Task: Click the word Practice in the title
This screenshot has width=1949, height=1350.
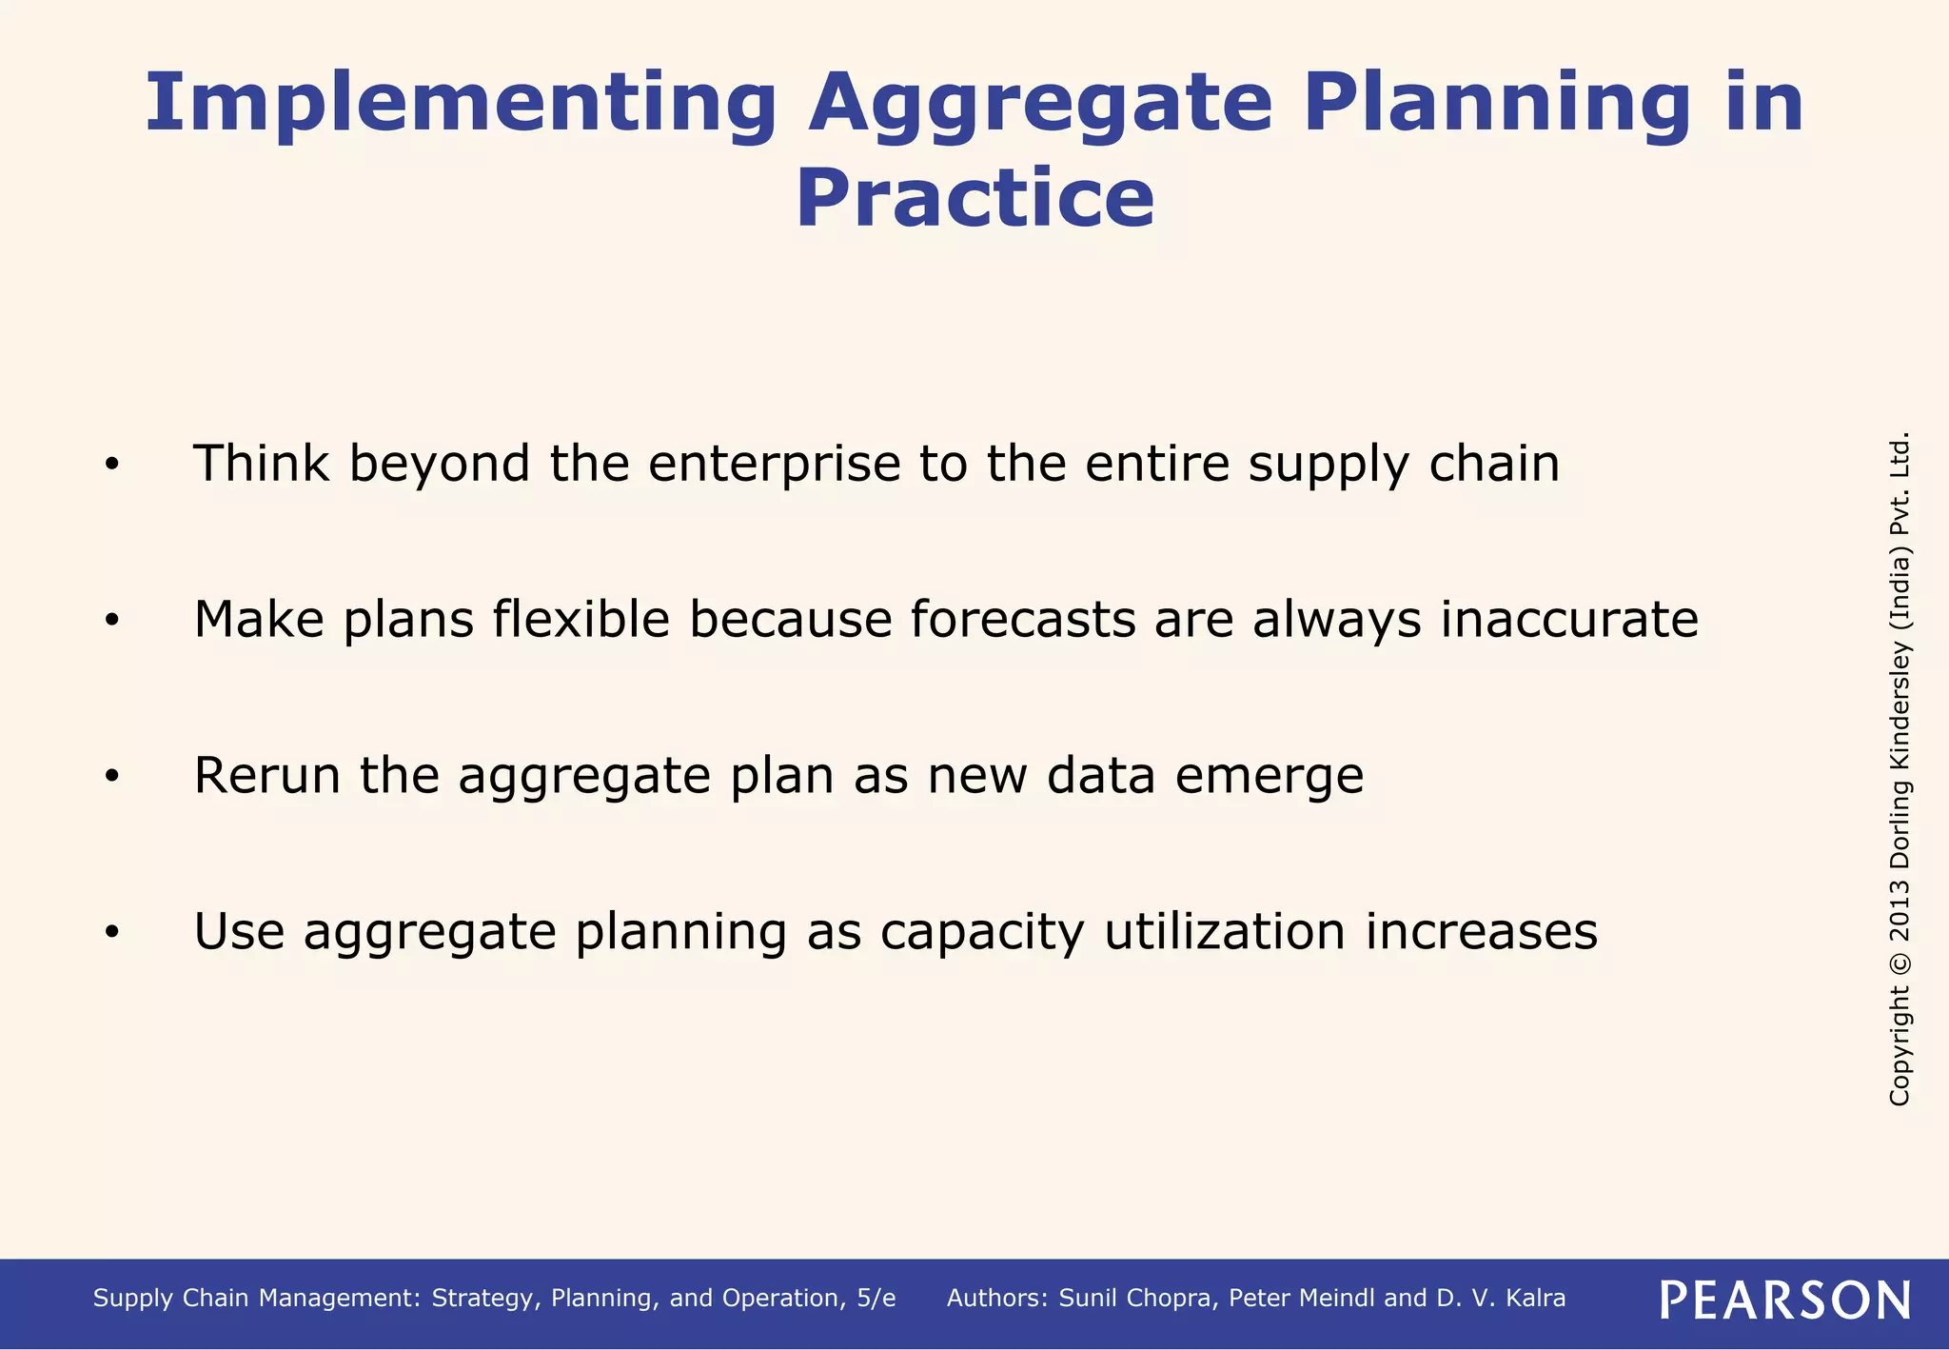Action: coord(974,198)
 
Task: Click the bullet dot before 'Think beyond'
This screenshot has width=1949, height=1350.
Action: coord(112,465)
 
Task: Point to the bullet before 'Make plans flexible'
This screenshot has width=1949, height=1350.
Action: coord(112,621)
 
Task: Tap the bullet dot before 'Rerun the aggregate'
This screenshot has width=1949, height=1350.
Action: coord(112,777)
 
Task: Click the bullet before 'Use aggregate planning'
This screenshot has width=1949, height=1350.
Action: coord(112,933)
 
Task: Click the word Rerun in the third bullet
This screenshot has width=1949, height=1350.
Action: coord(266,775)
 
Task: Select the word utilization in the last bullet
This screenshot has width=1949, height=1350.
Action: coord(1224,931)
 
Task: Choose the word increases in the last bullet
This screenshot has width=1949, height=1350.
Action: coord(1481,931)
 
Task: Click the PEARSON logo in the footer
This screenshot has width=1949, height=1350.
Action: coord(1784,1300)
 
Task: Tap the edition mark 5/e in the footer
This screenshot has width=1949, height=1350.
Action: coord(876,1299)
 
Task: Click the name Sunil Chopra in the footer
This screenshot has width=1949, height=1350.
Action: coord(1137,1299)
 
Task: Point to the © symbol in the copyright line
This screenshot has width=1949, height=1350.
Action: coord(1900,962)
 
